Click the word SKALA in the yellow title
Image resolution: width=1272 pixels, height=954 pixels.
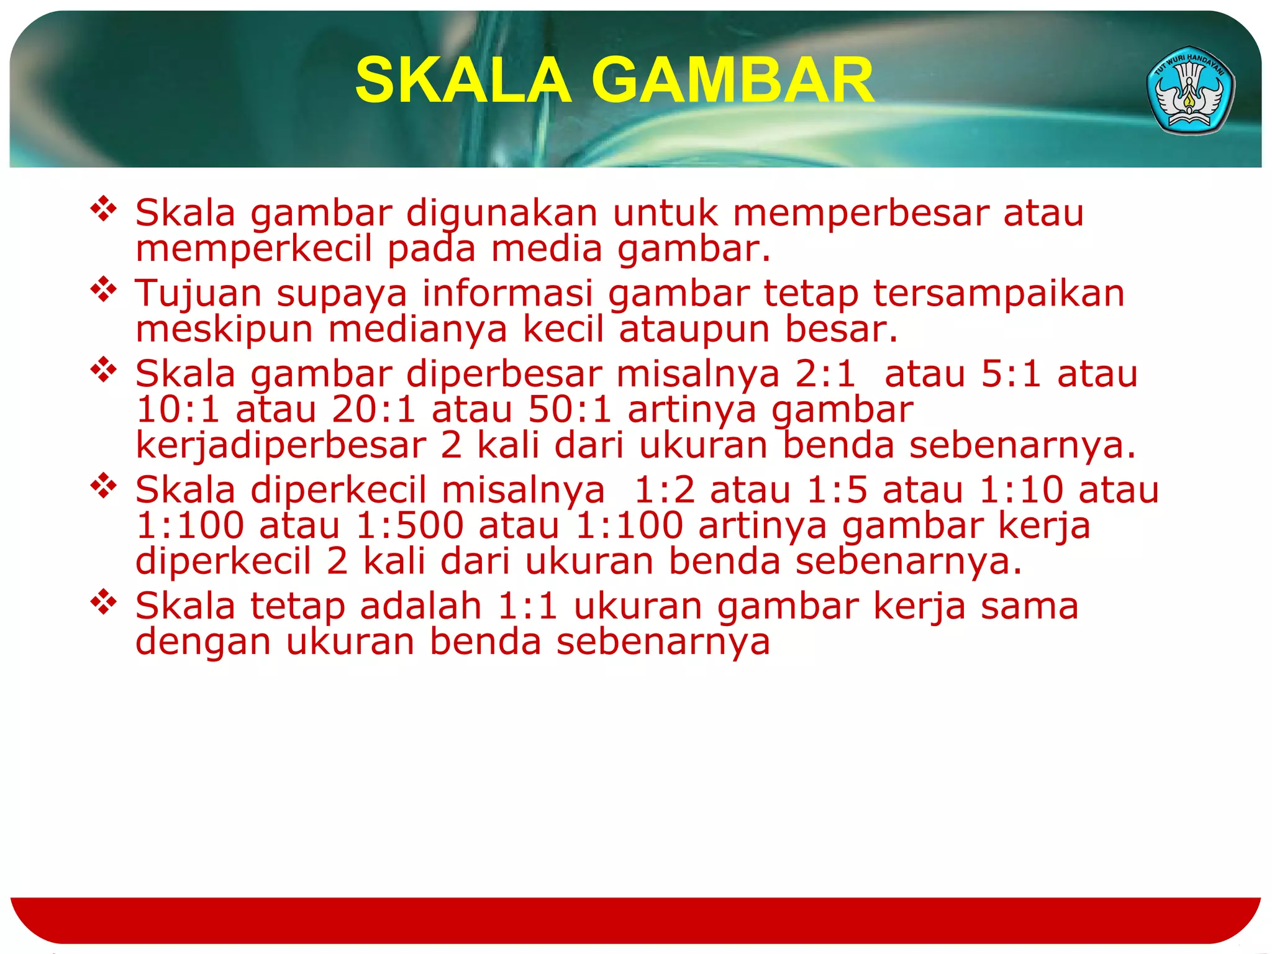(x=463, y=81)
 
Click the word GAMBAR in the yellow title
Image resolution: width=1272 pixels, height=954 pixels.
(x=733, y=81)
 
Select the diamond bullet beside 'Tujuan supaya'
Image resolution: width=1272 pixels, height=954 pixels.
(x=104, y=290)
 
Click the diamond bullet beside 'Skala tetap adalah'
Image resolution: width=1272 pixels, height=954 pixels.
(x=104, y=602)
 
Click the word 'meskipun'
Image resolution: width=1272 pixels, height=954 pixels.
(x=224, y=330)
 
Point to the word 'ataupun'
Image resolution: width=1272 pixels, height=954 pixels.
(x=694, y=330)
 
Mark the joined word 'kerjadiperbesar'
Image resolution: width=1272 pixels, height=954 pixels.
(x=281, y=446)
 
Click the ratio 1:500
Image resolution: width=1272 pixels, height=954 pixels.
(x=410, y=526)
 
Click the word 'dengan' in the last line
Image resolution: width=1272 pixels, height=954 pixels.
(x=203, y=642)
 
